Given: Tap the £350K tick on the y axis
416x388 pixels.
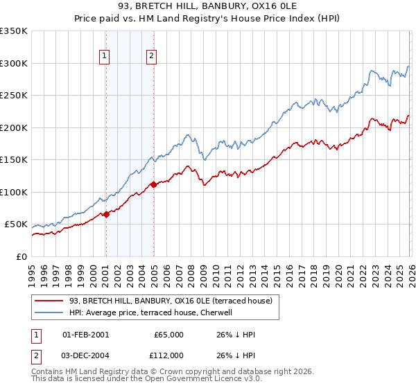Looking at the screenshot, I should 14,31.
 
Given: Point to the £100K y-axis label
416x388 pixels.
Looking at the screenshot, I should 14,192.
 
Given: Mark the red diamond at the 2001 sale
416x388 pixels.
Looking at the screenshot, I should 106,215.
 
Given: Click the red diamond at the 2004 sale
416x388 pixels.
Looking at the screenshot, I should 153,184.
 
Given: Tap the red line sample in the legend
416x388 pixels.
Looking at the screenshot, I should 49,301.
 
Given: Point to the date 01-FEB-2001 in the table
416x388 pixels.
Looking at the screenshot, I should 85,335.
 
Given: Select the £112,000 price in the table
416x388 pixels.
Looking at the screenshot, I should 167,355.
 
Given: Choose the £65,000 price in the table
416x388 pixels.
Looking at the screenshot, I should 168,335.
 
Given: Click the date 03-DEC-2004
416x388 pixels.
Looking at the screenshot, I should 85,355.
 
